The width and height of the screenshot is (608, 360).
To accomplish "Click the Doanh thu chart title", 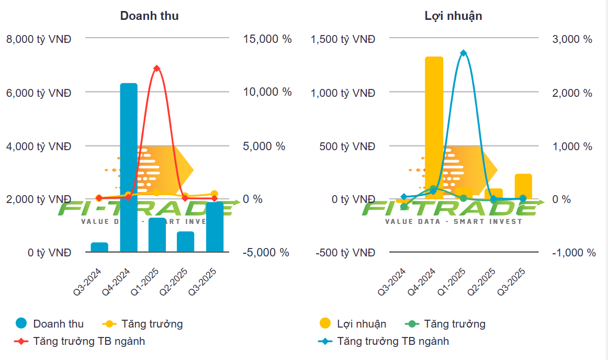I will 149,16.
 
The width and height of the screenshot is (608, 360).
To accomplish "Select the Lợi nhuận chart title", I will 453,16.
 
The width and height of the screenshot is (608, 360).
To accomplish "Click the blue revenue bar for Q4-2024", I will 129,167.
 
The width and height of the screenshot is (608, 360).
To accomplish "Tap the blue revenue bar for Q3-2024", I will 99,247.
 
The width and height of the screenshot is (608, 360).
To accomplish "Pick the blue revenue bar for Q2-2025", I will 185,242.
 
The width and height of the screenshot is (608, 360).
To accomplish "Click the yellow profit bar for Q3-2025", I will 523,186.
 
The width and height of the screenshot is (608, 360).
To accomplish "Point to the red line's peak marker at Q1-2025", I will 156,69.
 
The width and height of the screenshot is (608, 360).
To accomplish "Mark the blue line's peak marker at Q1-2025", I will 463,53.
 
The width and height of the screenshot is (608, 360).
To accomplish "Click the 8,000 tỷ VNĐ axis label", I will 39,39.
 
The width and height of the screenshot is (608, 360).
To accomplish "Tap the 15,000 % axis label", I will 267,39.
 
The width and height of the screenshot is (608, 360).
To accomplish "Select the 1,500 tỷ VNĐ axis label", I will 343,39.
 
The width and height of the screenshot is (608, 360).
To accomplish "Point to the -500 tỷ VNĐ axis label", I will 345,253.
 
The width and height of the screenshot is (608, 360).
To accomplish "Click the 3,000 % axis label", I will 573,39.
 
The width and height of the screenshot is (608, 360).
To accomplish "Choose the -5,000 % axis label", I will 266,253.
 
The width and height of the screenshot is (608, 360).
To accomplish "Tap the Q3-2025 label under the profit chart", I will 511,283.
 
